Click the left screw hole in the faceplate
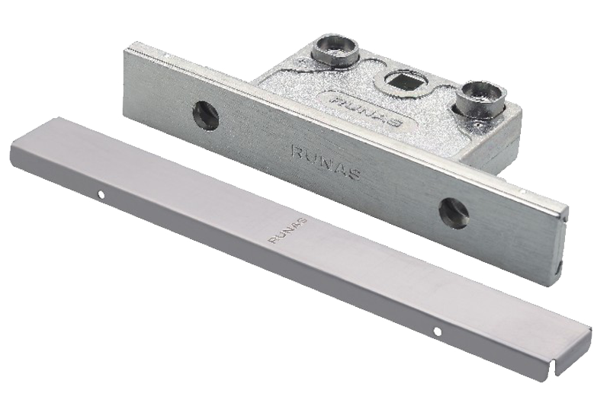pyautogui.click(x=206, y=115)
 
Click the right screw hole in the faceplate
pyautogui.click(x=454, y=213)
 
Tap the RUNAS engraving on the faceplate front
pyautogui.click(x=326, y=162)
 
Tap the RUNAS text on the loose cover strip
pyautogui.click(x=288, y=231)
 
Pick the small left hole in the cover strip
pyautogui.click(x=102, y=194)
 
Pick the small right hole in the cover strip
pyautogui.click(x=438, y=332)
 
